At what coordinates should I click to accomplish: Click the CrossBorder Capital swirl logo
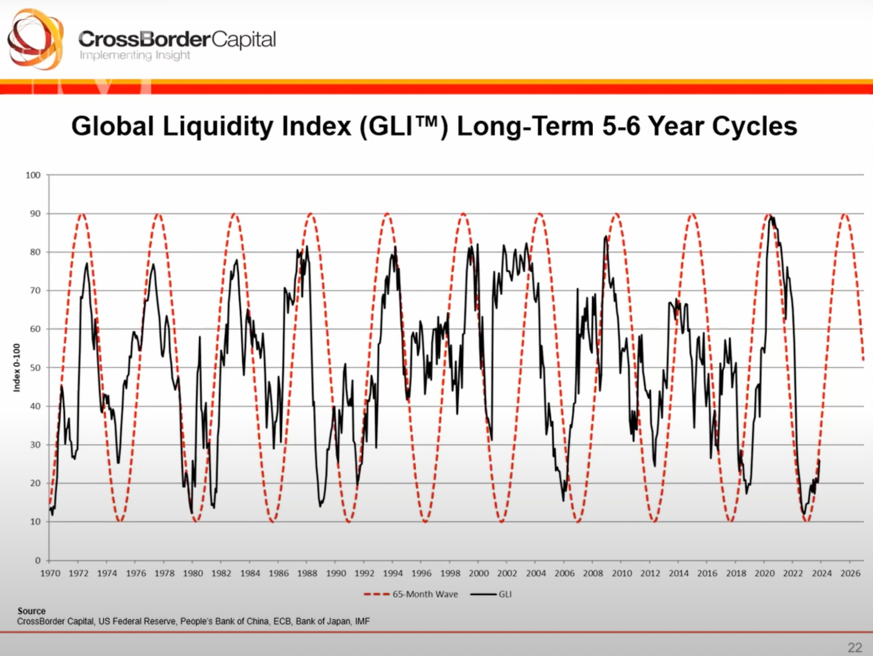pyautogui.click(x=35, y=39)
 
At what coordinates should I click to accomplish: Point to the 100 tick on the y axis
pyautogui.click(x=33, y=175)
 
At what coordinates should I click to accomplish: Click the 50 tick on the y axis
pyautogui.click(x=35, y=368)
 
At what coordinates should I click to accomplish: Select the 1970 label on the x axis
pyautogui.click(x=51, y=574)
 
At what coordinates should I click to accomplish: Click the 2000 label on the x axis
pyautogui.click(x=478, y=574)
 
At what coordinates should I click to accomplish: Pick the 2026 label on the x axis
pyautogui.click(x=850, y=574)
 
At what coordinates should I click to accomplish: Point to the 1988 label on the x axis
pyautogui.click(x=307, y=574)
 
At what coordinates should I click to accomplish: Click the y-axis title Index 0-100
pyautogui.click(x=17, y=367)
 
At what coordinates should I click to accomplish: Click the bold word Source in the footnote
pyautogui.click(x=32, y=611)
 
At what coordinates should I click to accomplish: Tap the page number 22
pyautogui.click(x=855, y=648)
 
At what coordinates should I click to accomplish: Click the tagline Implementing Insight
pyautogui.click(x=135, y=55)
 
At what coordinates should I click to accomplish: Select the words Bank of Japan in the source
pyautogui.click(x=323, y=621)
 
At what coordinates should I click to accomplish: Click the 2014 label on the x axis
pyautogui.click(x=678, y=574)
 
